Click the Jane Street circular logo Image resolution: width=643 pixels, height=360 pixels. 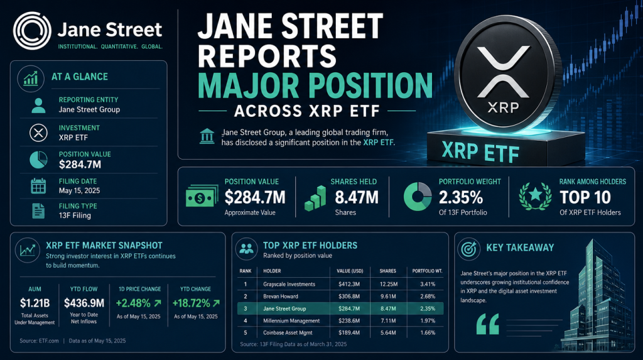[x=32, y=31]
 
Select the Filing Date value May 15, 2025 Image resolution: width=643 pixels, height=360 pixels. [x=79, y=190]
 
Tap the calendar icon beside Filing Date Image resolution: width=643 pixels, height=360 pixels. [x=38, y=186]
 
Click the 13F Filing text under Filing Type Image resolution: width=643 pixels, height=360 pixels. [x=75, y=215]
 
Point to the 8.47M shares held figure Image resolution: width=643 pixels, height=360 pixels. [x=357, y=198]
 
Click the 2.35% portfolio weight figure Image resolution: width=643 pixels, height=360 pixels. [x=460, y=198]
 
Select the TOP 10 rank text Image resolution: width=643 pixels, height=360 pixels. [x=585, y=198]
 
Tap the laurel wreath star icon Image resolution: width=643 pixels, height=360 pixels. [x=535, y=197]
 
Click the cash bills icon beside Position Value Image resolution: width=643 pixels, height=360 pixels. [x=202, y=197]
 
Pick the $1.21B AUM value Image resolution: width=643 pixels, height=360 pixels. [x=35, y=303]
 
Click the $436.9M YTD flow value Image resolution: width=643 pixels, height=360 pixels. [x=84, y=303]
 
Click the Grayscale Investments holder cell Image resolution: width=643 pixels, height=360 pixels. [x=289, y=284]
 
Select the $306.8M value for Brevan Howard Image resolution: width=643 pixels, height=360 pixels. [x=349, y=297]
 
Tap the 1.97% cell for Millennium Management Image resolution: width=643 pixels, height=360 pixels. [x=428, y=320]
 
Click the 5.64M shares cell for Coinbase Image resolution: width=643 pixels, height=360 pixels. [x=388, y=332]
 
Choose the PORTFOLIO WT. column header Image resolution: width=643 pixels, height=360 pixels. [x=427, y=271]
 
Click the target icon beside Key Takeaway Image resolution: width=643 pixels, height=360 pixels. [x=468, y=249]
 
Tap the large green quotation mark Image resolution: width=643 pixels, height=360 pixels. [x=487, y=324]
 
